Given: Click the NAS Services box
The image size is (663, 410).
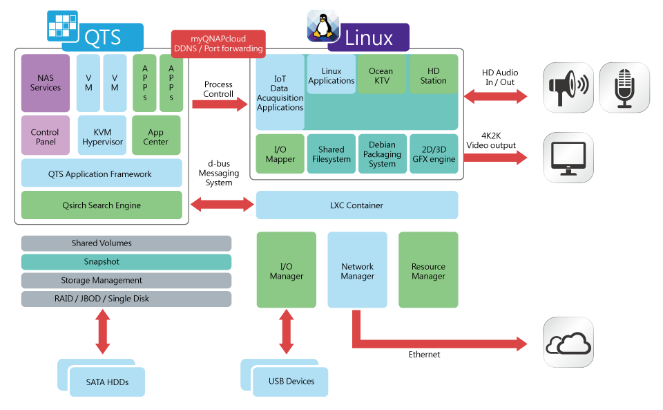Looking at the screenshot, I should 46,83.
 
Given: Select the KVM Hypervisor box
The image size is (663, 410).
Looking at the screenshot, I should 102,136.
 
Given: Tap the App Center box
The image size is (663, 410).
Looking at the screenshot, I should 155,136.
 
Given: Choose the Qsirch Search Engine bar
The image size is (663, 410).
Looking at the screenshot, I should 102,205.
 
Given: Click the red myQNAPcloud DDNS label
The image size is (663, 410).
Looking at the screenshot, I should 218,44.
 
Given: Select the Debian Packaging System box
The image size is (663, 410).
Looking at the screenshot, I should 382,154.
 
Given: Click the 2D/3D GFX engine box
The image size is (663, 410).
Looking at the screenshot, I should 434,154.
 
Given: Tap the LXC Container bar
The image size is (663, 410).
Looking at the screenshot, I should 356,205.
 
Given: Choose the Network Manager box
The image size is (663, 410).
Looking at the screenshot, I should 357,270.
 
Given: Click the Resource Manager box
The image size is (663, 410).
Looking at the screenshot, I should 428,270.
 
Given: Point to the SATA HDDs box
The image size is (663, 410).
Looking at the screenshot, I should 107,382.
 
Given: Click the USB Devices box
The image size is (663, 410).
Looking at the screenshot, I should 291,382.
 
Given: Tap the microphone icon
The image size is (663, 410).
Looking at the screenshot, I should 624,88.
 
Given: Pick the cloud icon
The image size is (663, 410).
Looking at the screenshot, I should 568,342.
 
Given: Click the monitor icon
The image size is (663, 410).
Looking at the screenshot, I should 568,158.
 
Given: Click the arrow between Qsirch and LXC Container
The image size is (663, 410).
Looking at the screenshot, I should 222,204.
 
